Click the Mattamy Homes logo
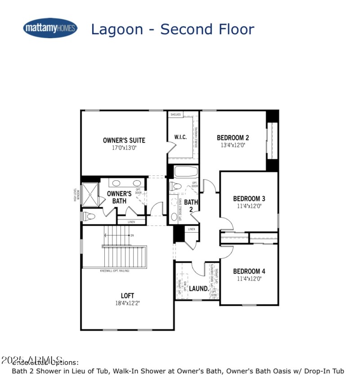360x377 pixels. [x=50, y=28]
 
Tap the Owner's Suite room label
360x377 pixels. [x=124, y=140]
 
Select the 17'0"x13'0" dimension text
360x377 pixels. [x=124, y=148]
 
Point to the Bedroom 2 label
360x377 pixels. [x=233, y=138]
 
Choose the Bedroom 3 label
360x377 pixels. [x=249, y=198]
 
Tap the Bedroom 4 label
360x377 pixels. [x=249, y=271]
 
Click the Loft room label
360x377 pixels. [x=127, y=296]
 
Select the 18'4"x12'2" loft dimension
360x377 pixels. [x=127, y=303]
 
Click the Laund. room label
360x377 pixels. [x=198, y=288]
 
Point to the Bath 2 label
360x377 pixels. [x=191, y=206]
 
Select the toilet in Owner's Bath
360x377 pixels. [x=89, y=217]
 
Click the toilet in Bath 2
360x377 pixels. [x=176, y=187]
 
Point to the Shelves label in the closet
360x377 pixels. [x=175, y=115]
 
